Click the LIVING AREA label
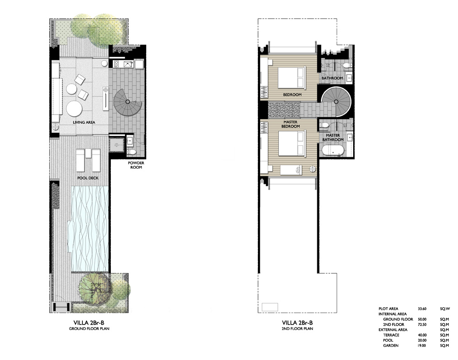(84, 122)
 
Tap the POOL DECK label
(88, 178)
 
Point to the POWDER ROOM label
(136, 165)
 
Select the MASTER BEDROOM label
(291, 124)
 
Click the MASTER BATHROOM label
(333, 137)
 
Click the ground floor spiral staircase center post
(127, 102)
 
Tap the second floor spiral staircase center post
(336, 102)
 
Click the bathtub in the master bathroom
(333, 151)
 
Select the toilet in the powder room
(132, 152)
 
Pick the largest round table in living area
(74, 109)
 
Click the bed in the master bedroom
(292, 143)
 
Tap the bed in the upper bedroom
(292, 77)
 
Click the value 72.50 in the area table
(422, 325)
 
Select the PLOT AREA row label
(388, 309)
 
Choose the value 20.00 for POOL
(422, 340)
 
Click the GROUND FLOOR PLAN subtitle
(89, 328)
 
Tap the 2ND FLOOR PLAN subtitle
(298, 328)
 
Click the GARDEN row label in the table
(390, 345)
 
